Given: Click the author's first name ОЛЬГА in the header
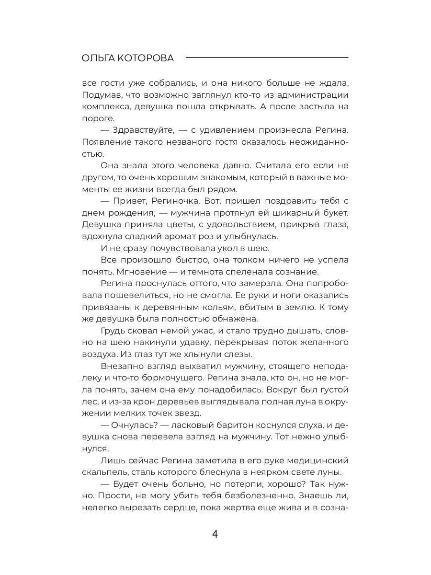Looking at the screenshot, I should [98, 58].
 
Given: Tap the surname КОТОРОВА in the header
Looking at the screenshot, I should [147, 58].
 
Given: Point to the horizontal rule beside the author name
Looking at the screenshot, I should [267, 57].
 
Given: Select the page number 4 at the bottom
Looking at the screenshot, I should [215, 534].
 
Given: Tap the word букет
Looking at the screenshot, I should [334, 213].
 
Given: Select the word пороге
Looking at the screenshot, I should [99, 118].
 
